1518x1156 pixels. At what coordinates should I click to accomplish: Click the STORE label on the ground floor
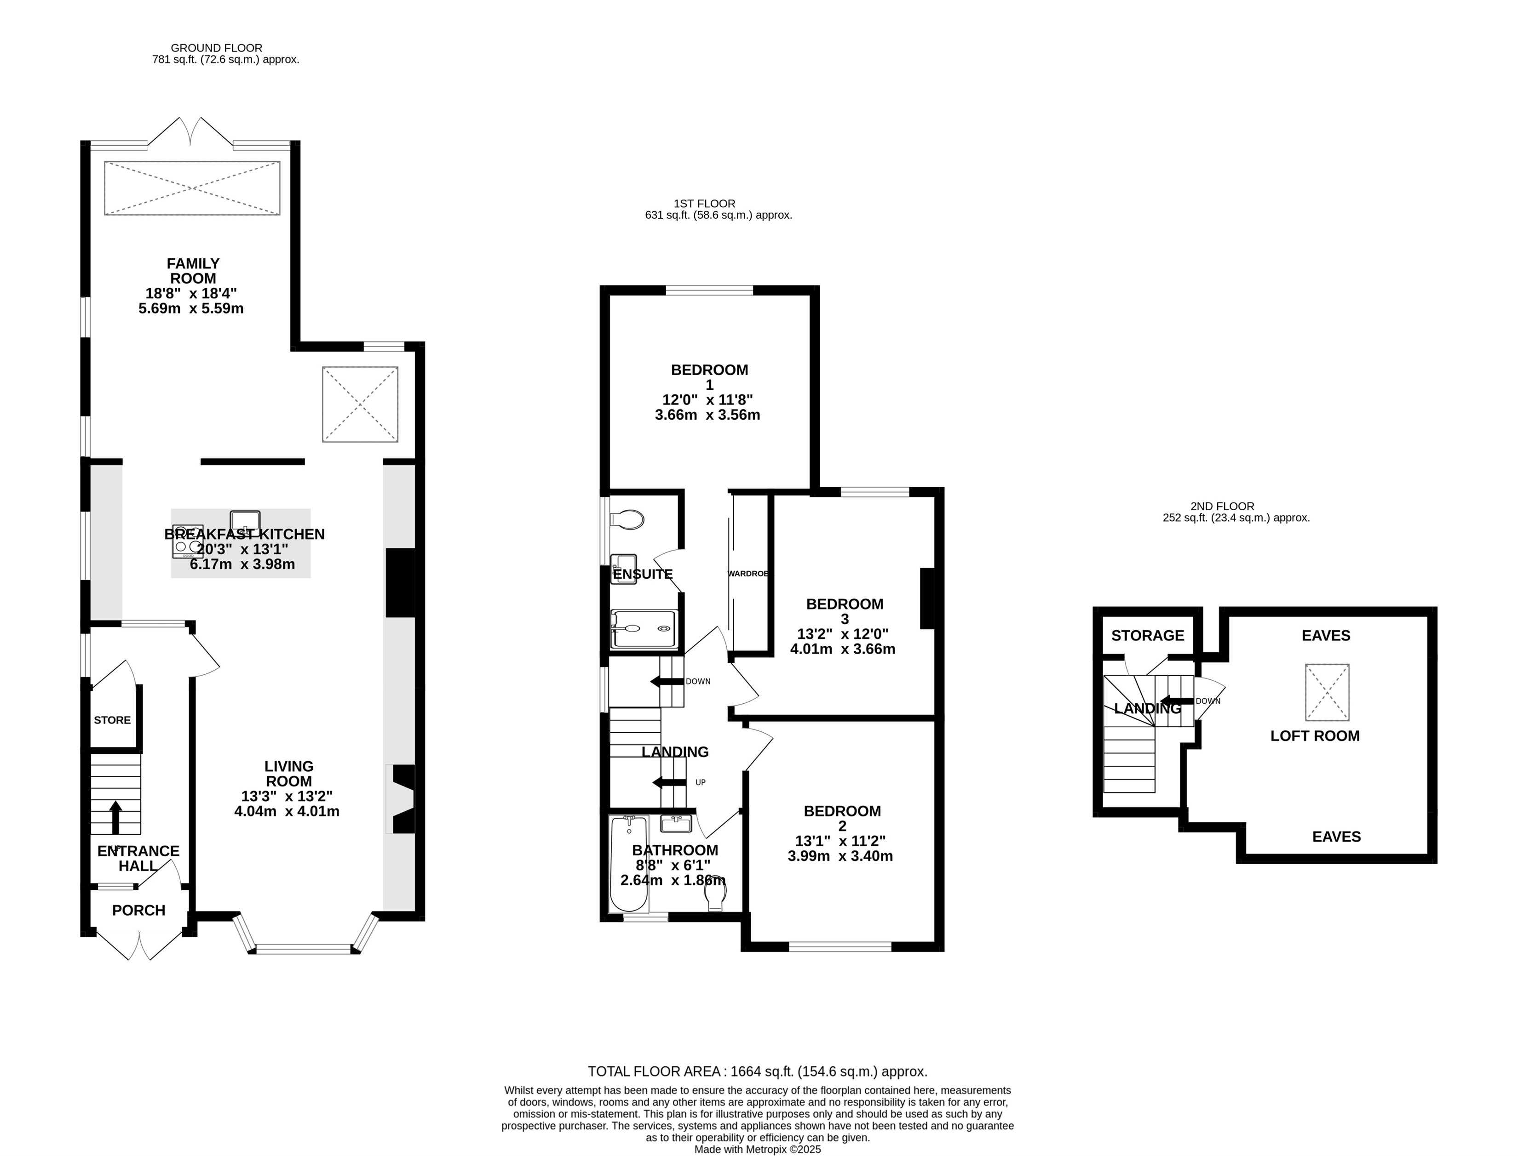112,720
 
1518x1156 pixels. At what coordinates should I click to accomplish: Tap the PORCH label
138,911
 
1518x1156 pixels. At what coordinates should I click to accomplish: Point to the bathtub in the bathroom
628,864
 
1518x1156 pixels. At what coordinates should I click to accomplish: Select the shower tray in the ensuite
644,629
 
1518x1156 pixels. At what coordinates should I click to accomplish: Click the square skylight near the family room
360,404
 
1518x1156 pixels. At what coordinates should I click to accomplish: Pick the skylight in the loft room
1327,692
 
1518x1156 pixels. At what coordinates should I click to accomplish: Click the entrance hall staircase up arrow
115,817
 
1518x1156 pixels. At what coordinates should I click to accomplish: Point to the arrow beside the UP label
669,782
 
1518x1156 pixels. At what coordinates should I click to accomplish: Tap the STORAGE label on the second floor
1148,636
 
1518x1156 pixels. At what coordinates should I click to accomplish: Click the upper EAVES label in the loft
1326,636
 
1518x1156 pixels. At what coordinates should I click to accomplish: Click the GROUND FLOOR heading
216,48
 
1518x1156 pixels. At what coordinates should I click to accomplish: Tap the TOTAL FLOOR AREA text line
757,1071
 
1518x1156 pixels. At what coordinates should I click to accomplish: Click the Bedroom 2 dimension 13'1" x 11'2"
840,841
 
